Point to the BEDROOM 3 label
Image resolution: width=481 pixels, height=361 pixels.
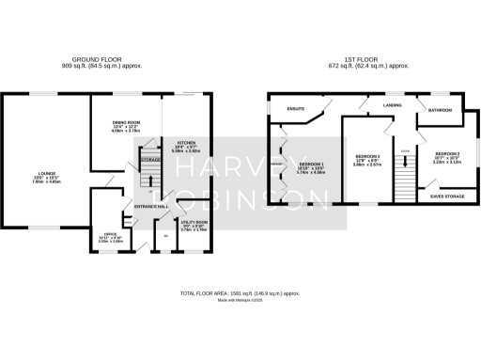click(x=367, y=155)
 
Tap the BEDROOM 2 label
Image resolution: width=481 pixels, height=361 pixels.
click(x=445, y=154)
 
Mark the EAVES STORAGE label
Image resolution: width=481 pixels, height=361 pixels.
click(x=447, y=196)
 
